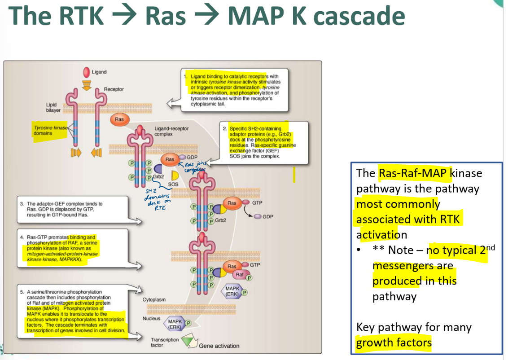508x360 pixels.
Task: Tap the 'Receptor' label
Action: (x=114, y=89)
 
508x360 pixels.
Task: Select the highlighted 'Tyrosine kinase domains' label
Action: (x=49, y=131)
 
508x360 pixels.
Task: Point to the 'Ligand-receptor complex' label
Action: (x=171, y=131)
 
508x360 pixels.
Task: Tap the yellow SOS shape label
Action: (x=173, y=184)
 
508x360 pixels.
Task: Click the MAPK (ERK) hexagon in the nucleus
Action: (x=175, y=324)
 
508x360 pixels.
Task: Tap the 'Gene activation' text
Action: (x=219, y=346)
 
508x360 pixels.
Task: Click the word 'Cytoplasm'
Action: (x=154, y=299)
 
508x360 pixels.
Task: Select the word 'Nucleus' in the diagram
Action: (x=151, y=318)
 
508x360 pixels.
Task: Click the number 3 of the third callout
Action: (x=22, y=204)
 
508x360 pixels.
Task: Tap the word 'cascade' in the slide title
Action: (x=359, y=16)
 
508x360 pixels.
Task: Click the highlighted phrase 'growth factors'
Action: (x=394, y=343)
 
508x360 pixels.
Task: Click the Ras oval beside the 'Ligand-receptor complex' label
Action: (x=119, y=119)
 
